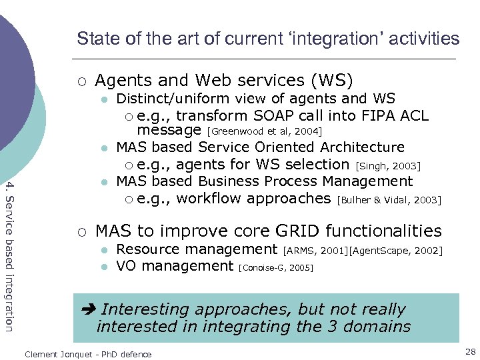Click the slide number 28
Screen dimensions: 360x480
pyautogui.click(x=469, y=351)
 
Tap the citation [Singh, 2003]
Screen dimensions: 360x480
pyautogui.click(x=389, y=165)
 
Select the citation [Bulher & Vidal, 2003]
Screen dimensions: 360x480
pyautogui.click(x=389, y=199)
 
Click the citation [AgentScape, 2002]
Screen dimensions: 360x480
pyautogui.click(x=395, y=251)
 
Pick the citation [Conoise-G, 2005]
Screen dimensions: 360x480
pyautogui.click(x=275, y=267)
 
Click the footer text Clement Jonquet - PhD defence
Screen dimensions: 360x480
pyautogui.click(x=88, y=354)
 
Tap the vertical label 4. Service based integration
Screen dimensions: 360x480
pyautogui.click(x=9, y=254)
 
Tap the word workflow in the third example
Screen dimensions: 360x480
pyautogui.click(x=208, y=198)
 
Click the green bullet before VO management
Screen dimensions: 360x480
pyautogui.click(x=104, y=267)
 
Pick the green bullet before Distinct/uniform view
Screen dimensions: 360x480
pyautogui.click(x=104, y=99)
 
